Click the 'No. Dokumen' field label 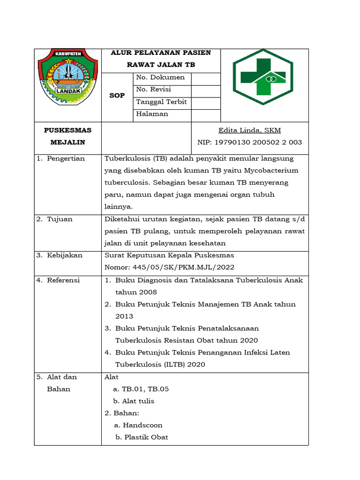click(x=160, y=77)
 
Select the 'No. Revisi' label click(x=153, y=90)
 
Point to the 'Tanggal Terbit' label click(x=161, y=102)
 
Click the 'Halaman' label click(x=152, y=114)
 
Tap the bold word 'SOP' click(x=117, y=96)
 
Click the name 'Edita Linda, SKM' click(x=250, y=130)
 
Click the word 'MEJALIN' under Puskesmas click(x=67, y=142)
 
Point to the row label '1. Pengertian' click(x=61, y=158)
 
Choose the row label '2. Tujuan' click(x=55, y=219)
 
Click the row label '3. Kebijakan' click(x=60, y=255)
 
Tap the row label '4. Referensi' click(x=59, y=280)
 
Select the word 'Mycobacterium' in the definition click(x=270, y=171)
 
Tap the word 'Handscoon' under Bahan click(x=142, y=425)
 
